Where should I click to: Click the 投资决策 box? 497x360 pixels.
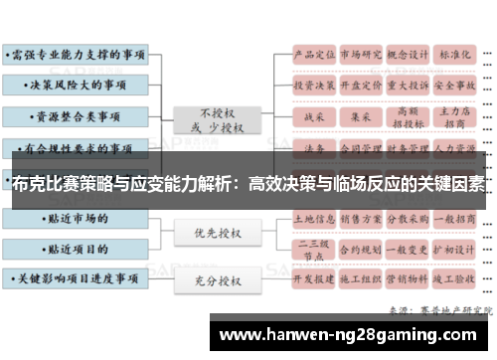(x=311, y=86)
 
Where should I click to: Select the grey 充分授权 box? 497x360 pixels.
(x=216, y=282)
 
